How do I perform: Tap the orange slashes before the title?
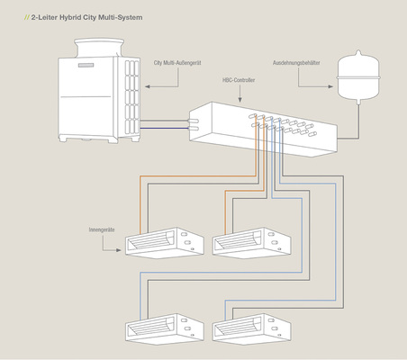pyautogui.click(x=26, y=17)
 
